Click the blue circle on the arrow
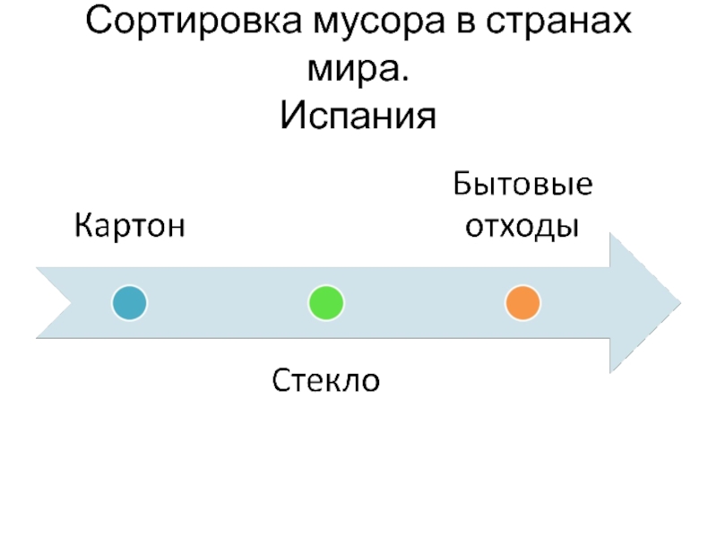tap(130, 303)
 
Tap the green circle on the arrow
tap(325, 303)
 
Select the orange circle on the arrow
tap(522, 303)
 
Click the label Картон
tap(130, 223)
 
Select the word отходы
tap(520, 224)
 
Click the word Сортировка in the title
tap(194, 22)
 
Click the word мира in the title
tap(352, 69)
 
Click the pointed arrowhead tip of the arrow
tap(678, 302)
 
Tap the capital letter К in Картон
tap(82, 223)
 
